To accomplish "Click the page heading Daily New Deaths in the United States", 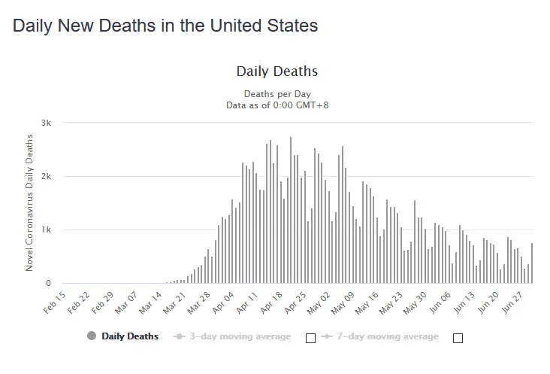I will pos(165,26).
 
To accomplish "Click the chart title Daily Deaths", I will pos(277,72).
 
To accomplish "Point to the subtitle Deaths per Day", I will pos(277,94).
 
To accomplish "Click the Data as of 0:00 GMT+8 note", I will pos(277,105).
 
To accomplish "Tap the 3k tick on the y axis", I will pos(47,123).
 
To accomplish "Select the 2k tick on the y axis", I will pos(47,176).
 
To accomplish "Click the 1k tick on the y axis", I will pos(47,230).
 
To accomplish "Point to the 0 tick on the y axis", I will pos(48,284).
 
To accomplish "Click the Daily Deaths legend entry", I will pos(130,336).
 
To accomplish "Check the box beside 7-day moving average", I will pos(458,338).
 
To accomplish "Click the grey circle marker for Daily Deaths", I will pos(92,336).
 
